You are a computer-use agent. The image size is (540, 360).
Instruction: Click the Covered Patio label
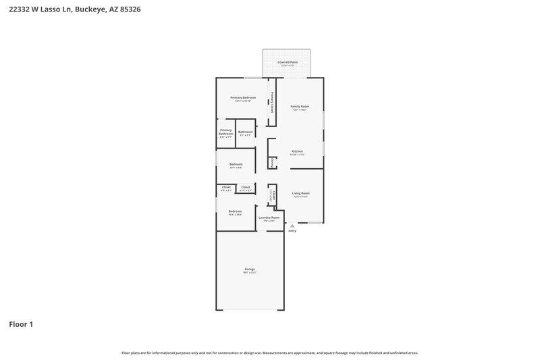click(288, 62)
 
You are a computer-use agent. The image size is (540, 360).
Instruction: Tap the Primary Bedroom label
click(243, 98)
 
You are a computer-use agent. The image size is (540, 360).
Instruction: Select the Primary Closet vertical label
click(272, 102)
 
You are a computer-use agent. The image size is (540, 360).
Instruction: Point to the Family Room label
click(300, 106)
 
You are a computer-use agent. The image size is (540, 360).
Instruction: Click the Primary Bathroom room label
click(225, 132)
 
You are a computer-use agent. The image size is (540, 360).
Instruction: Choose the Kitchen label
click(297, 151)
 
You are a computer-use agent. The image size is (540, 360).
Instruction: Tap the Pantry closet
click(272, 162)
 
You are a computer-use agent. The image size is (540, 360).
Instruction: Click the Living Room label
click(300, 194)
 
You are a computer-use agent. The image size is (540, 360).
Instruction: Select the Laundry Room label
click(269, 217)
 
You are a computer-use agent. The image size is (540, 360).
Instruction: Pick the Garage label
click(250, 269)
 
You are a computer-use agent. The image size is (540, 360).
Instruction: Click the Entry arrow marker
click(292, 226)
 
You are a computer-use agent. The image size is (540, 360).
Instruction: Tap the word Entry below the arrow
click(292, 231)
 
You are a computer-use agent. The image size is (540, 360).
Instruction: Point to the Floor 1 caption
click(21, 324)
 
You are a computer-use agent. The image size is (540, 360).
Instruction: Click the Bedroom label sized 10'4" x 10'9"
click(235, 211)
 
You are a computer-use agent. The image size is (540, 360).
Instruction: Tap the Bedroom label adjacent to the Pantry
click(236, 164)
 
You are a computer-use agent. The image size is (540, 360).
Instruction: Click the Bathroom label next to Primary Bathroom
click(245, 132)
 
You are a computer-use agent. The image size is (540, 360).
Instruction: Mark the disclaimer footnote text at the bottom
click(269, 353)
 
